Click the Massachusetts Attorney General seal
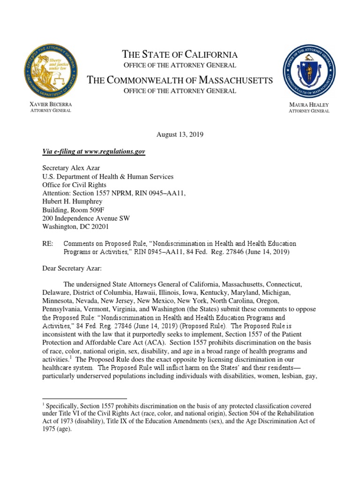(x=309, y=70)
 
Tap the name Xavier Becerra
(x=51, y=104)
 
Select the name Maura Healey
(x=309, y=105)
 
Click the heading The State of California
(x=180, y=54)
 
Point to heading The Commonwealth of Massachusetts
(x=180, y=80)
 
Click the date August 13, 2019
(x=180, y=135)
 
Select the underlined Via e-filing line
(x=94, y=152)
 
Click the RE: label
(x=47, y=244)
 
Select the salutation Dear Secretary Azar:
(x=73, y=269)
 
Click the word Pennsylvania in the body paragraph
(x=61, y=309)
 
